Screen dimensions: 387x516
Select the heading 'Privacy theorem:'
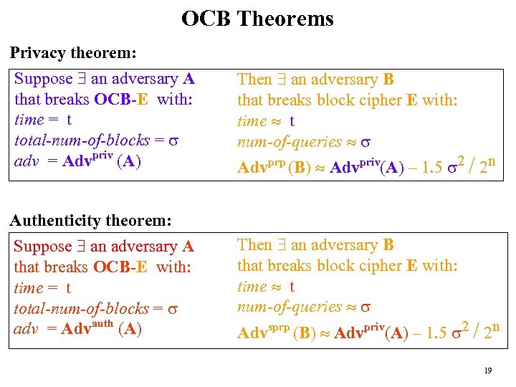point(73,52)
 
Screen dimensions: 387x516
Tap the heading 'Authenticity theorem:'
point(90,220)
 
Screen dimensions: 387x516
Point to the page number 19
point(487,371)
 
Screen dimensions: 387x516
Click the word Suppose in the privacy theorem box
point(44,79)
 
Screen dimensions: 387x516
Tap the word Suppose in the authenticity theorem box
point(43,247)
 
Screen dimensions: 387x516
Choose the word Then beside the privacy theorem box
point(254,80)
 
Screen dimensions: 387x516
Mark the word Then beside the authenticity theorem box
point(254,245)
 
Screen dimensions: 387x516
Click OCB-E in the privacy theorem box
point(120,100)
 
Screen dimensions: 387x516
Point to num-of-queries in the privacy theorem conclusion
point(290,143)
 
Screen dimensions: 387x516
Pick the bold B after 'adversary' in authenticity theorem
point(388,245)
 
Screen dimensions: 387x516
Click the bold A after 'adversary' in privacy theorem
point(188,79)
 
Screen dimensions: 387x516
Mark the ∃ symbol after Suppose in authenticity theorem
point(81,247)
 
